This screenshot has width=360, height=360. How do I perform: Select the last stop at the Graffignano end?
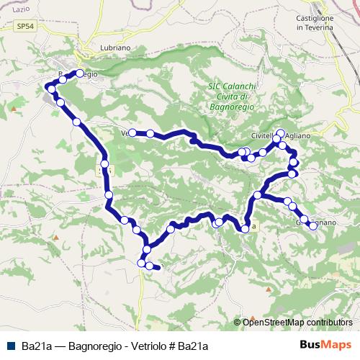pyautogui.click(x=312, y=225)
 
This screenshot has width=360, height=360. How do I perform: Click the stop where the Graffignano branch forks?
pyautogui.click(x=258, y=195)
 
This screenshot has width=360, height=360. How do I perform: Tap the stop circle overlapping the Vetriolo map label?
pyautogui.click(x=132, y=132)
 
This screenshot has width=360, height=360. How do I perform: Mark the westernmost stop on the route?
pyautogui.click(x=49, y=88)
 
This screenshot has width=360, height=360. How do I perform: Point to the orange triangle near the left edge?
pyautogui.click(x=14, y=109)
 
